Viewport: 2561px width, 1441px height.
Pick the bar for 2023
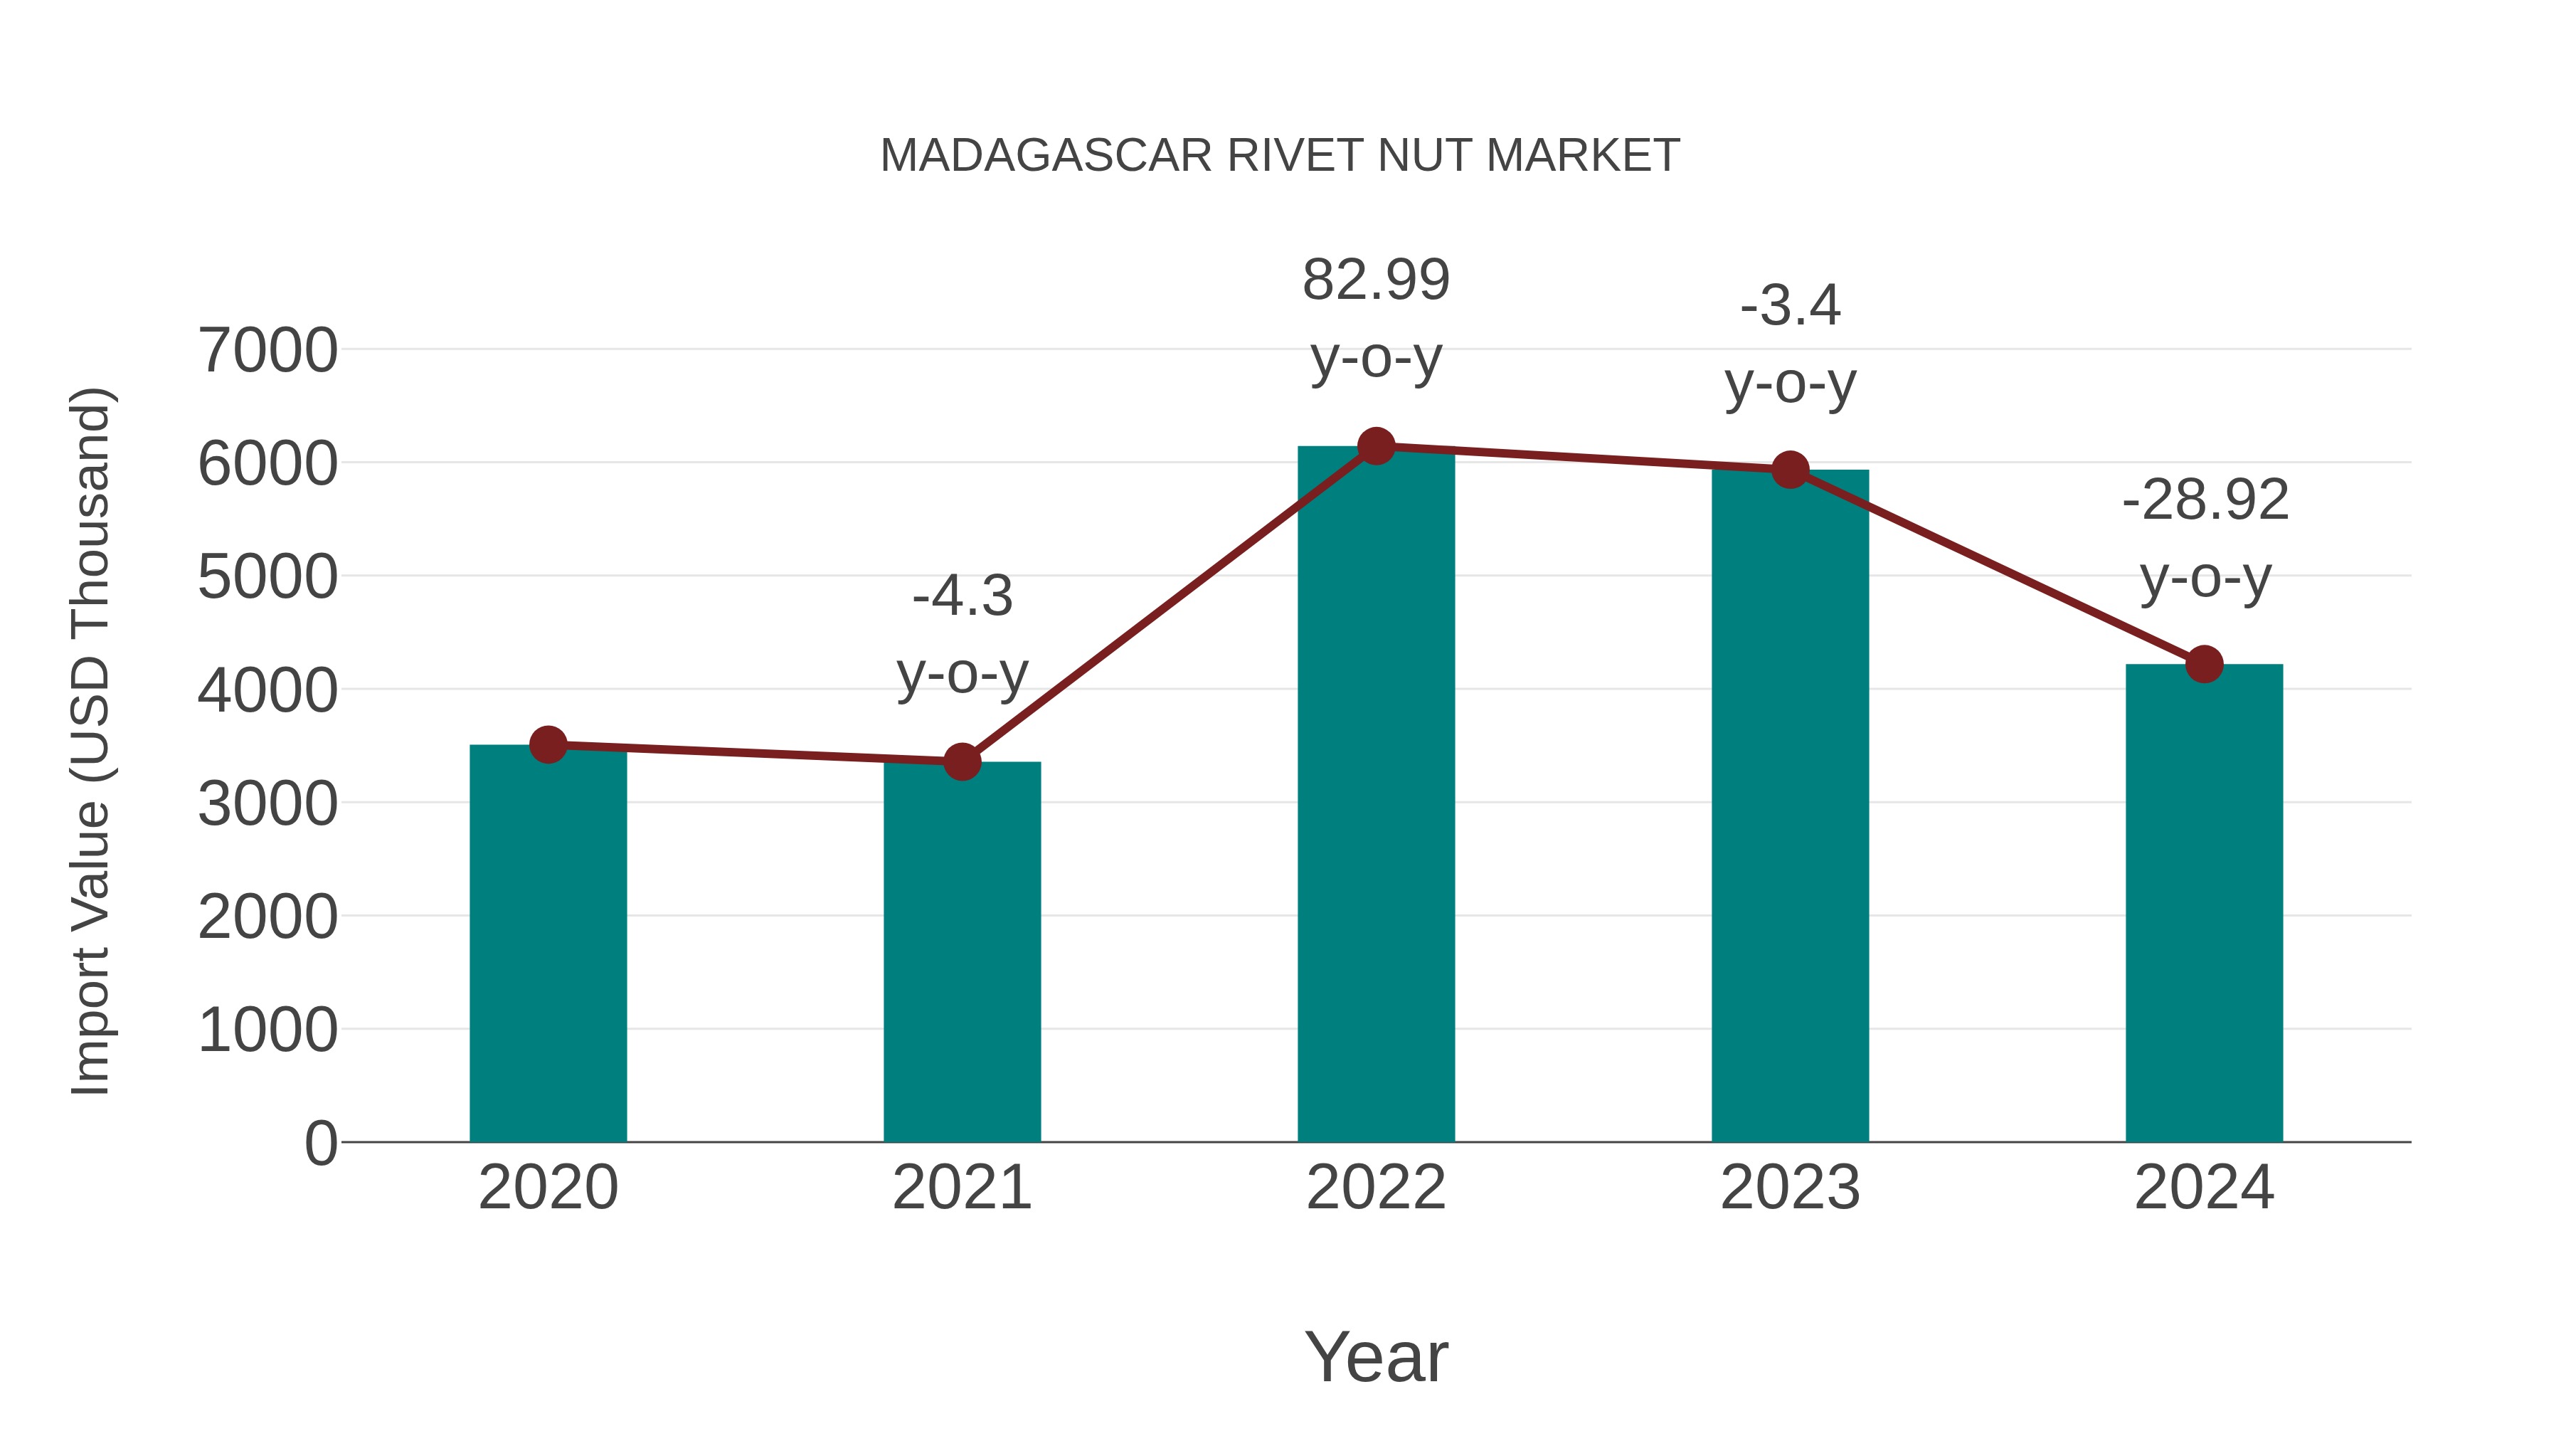click(x=1790, y=806)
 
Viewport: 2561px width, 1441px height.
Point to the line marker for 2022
click(x=1376, y=446)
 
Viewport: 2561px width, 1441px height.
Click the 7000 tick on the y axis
click(x=267, y=350)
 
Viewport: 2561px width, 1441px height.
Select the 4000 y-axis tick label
click(x=267, y=690)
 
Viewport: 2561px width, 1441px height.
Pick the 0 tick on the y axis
click(x=320, y=1143)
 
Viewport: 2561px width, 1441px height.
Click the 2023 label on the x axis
click(x=1790, y=1188)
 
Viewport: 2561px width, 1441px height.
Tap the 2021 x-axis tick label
click(x=961, y=1188)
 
